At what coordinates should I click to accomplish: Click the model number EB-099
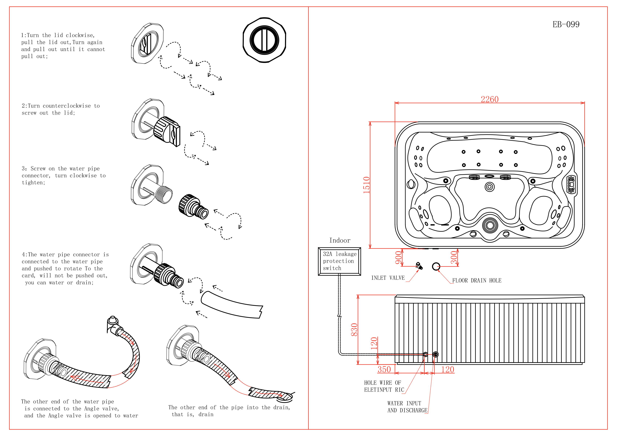(x=566, y=25)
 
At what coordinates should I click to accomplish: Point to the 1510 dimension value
(x=366, y=185)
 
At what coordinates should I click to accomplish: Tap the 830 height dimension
(x=354, y=330)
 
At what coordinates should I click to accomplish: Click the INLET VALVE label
(x=388, y=278)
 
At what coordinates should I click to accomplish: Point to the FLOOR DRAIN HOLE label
(x=476, y=281)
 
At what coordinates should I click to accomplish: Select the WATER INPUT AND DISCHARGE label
(x=407, y=407)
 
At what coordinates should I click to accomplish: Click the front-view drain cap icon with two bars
(x=264, y=40)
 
